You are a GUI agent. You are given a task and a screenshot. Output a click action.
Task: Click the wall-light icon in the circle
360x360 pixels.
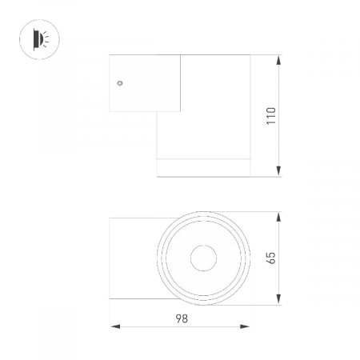point(38,39)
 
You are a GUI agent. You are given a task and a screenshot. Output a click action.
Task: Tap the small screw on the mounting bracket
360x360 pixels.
point(118,82)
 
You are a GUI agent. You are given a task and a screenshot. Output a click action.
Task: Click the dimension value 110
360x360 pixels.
point(271,115)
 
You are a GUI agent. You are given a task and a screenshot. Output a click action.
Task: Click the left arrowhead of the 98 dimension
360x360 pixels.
point(114,326)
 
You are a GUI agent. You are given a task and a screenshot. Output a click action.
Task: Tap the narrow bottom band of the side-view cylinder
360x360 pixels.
point(204,166)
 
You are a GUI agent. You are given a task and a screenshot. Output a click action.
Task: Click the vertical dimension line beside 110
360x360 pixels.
point(278,144)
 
